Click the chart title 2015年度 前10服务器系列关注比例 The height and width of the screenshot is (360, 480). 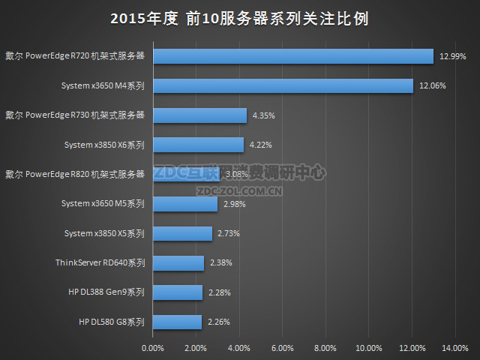click(x=239, y=18)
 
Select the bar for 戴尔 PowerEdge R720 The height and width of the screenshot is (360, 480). click(x=292, y=56)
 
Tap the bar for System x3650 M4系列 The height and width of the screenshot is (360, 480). click(x=282, y=85)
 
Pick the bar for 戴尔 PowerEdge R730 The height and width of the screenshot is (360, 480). click(x=199, y=115)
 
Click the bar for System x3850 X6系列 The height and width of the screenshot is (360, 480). click(x=198, y=145)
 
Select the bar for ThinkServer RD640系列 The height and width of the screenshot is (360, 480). click(x=178, y=263)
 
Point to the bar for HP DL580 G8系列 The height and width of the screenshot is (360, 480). click(x=177, y=322)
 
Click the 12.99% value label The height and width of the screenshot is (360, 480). click(x=452, y=56)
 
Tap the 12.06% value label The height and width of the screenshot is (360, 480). click(x=433, y=85)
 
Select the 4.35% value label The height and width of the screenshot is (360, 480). click(x=265, y=115)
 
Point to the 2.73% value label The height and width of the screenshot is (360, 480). click(x=229, y=233)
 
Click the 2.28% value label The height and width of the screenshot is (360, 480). click(x=220, y=292)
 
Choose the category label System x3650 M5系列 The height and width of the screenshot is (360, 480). click(x=103, y=204)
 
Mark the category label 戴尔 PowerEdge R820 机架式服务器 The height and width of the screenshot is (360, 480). click(x=74, y=174)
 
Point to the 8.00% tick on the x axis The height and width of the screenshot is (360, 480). click(x=325, y=348)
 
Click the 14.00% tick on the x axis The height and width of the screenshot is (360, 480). click(x=455, y=348)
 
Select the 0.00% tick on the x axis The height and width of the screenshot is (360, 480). click(x=152, y=348)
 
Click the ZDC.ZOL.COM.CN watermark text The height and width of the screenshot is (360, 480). click(x=239, y=190)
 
